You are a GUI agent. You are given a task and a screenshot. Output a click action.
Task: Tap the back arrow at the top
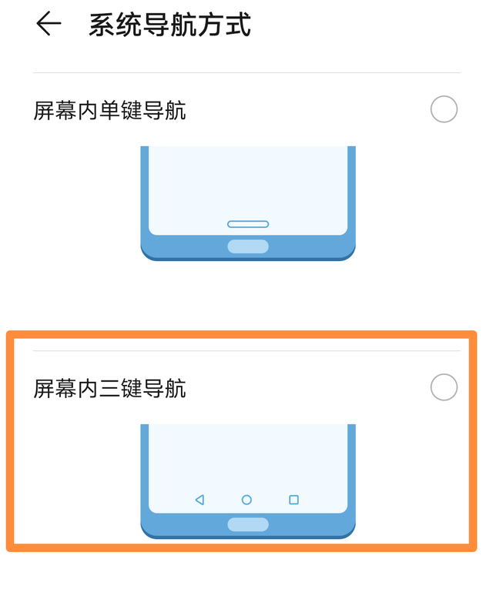pos(49,25)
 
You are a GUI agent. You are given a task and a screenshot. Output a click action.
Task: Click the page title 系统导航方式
pos(169,25)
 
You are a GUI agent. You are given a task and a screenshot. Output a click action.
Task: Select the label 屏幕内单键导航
pos(109,111)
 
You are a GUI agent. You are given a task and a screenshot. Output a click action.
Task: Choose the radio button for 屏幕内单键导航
pos(444,109)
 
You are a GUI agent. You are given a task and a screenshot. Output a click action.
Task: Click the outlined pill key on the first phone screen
pos(248,224)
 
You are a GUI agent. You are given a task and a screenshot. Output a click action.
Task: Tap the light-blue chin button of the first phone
pos(248,246)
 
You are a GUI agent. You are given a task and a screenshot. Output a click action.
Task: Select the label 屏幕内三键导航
pos(109,389)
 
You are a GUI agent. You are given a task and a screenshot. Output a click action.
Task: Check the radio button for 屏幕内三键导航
pos(444,387)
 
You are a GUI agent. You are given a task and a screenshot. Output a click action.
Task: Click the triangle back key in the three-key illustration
pos(200,500)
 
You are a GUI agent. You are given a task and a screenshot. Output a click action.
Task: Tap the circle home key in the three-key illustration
pos(246,500)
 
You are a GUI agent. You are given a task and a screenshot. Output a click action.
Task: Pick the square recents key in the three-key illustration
pos(293,500)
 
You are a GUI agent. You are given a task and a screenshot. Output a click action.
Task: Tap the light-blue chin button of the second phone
pos(248,524)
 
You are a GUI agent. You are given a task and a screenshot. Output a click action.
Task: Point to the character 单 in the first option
pos(109,111)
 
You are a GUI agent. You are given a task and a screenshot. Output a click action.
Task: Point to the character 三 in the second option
pos(109,389)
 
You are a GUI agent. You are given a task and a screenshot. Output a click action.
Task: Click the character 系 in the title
pos(102,25)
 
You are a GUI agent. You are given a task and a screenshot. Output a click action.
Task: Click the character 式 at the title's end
pos(238,25)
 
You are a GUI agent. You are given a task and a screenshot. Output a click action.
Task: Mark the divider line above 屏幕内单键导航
pos(246,73)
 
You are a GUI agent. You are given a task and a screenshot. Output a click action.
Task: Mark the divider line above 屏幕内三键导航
pos(246,351)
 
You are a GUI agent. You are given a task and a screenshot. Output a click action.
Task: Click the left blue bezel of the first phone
pos(144,192)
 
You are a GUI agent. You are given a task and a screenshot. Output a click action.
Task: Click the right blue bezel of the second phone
pos(351,470)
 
